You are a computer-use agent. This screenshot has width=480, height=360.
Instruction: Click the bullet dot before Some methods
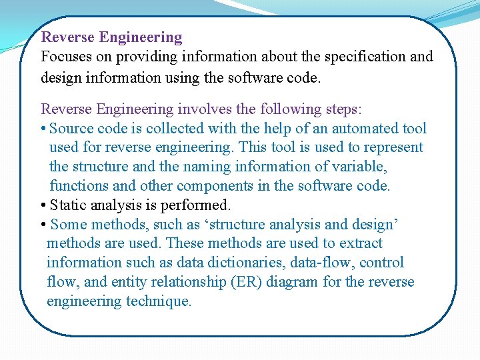(x=43, y=225)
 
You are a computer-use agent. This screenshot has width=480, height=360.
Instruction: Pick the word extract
(x=361, y=243)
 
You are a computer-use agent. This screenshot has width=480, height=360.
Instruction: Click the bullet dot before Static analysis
(x=43, y=205)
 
